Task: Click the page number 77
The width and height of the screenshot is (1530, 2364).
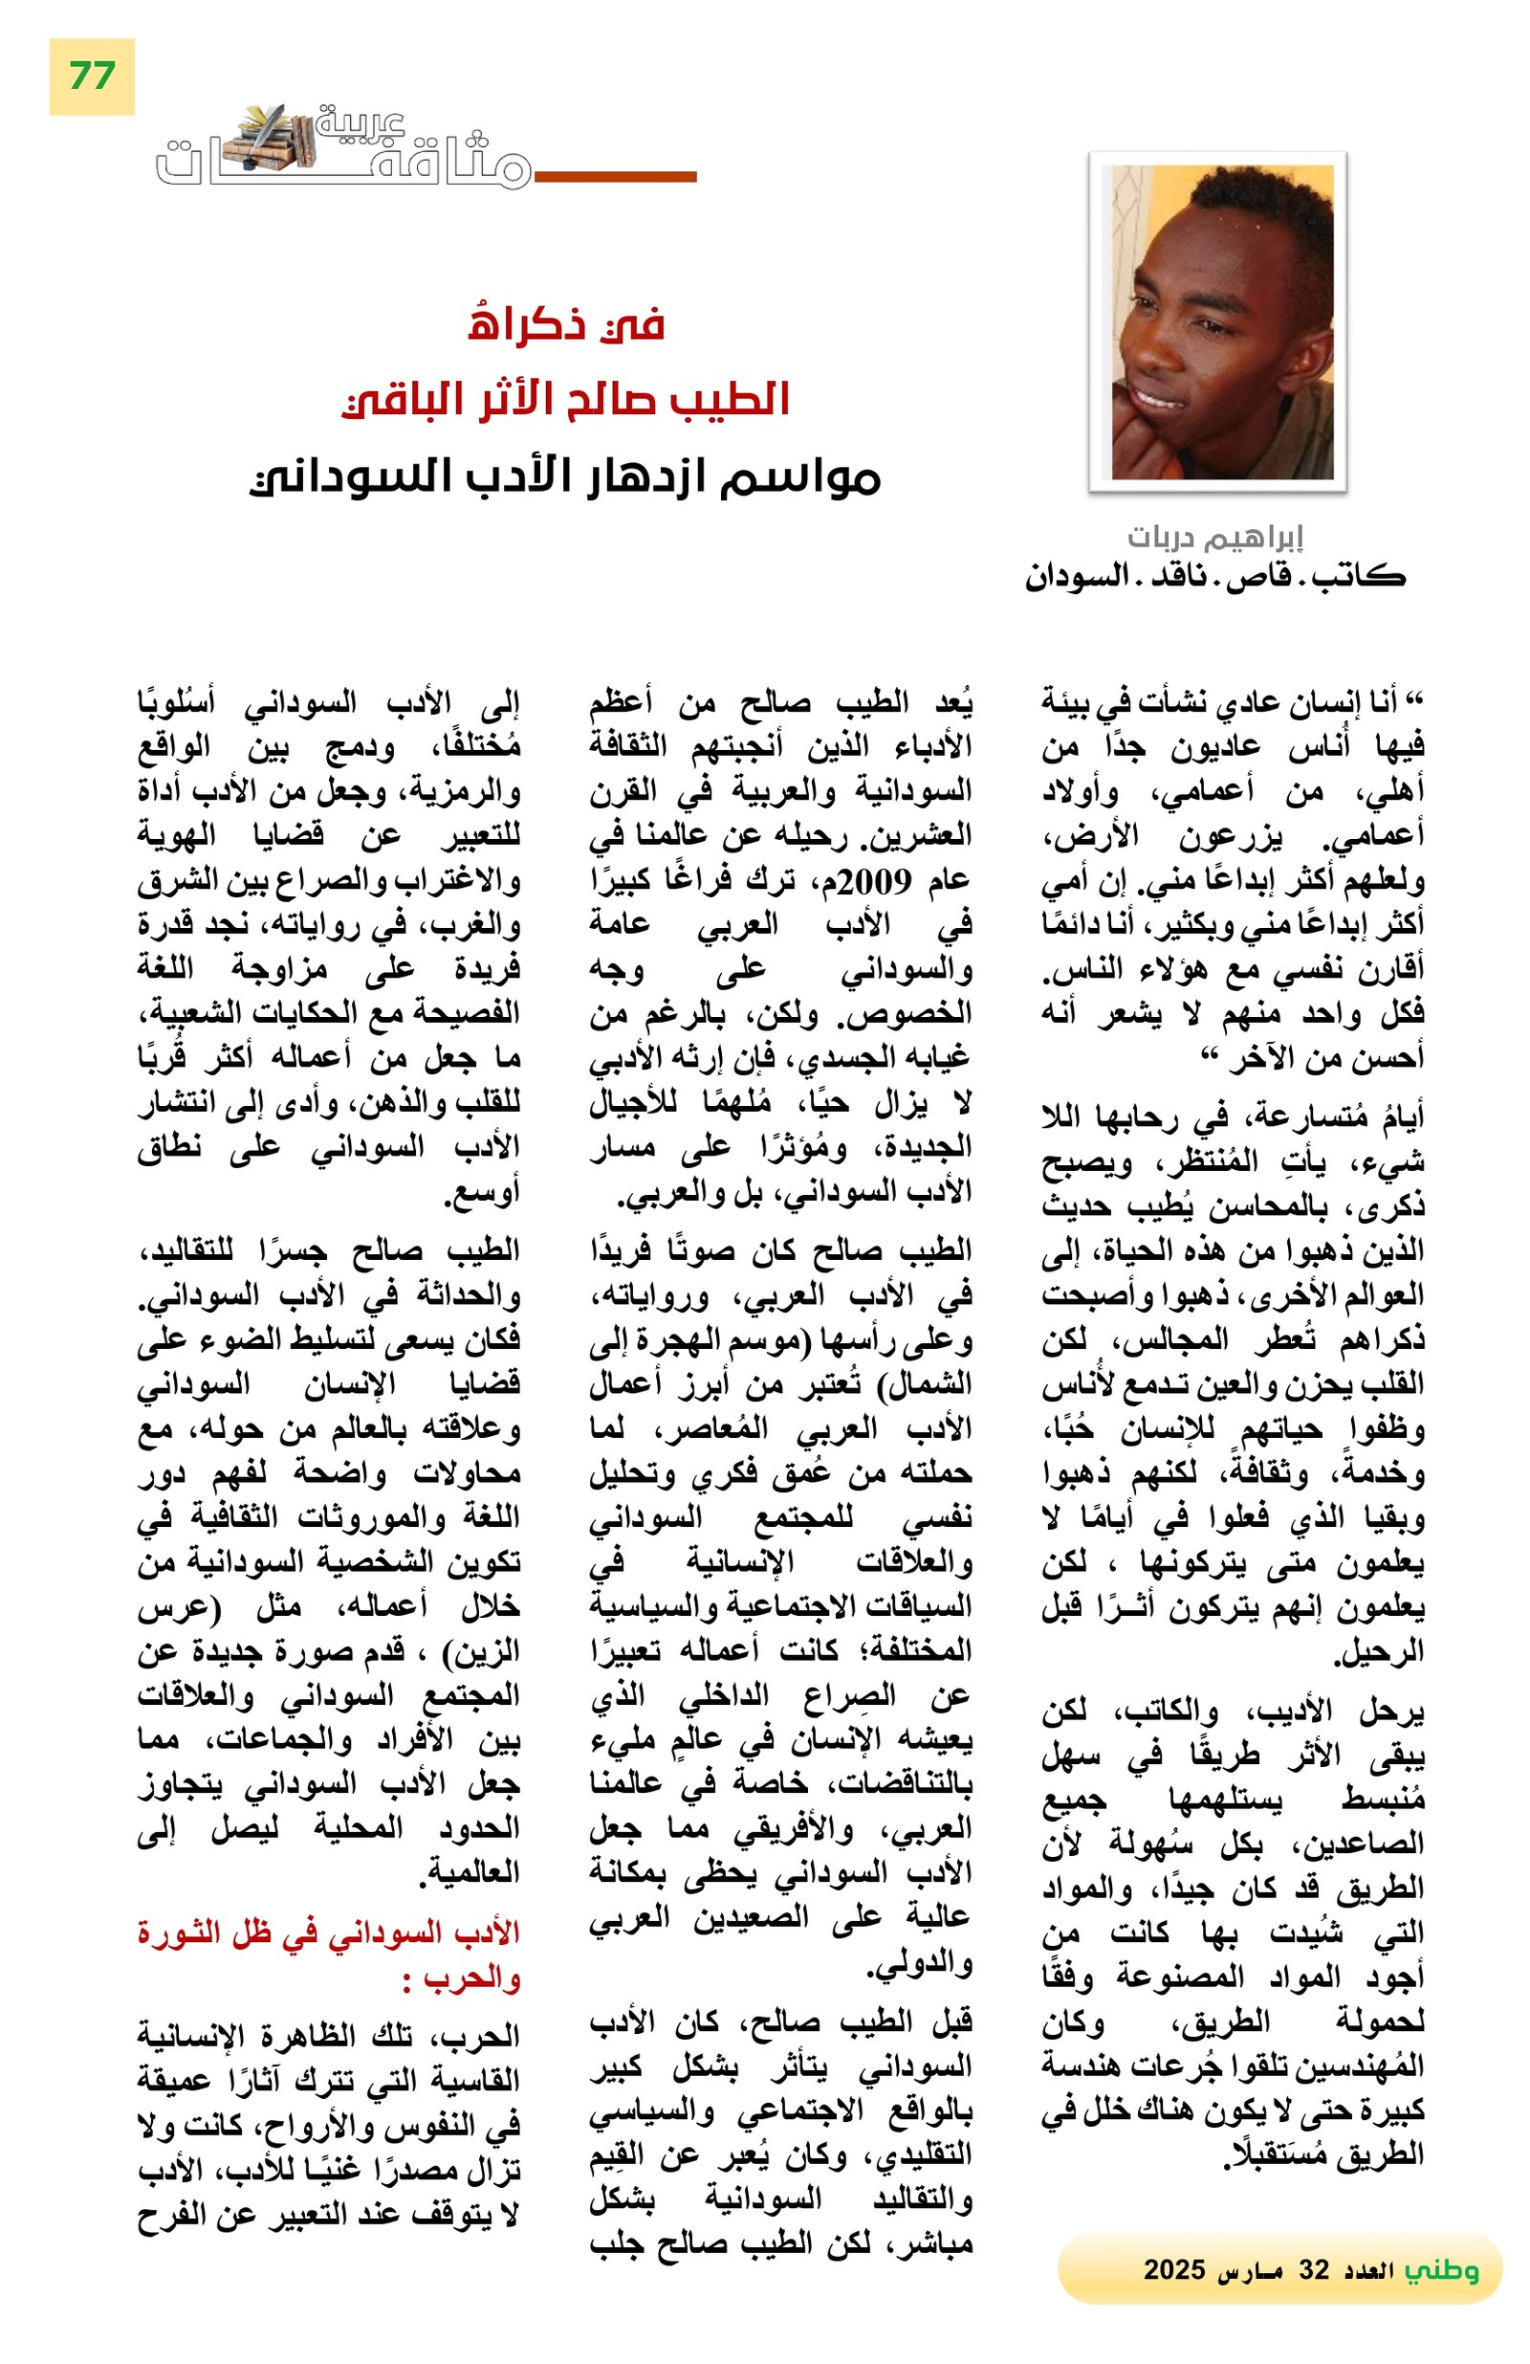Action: click(92, 77)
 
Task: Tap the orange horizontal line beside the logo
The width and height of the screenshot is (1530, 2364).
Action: click(615, 177)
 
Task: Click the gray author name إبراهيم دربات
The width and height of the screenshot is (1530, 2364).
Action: click(1214, 538)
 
